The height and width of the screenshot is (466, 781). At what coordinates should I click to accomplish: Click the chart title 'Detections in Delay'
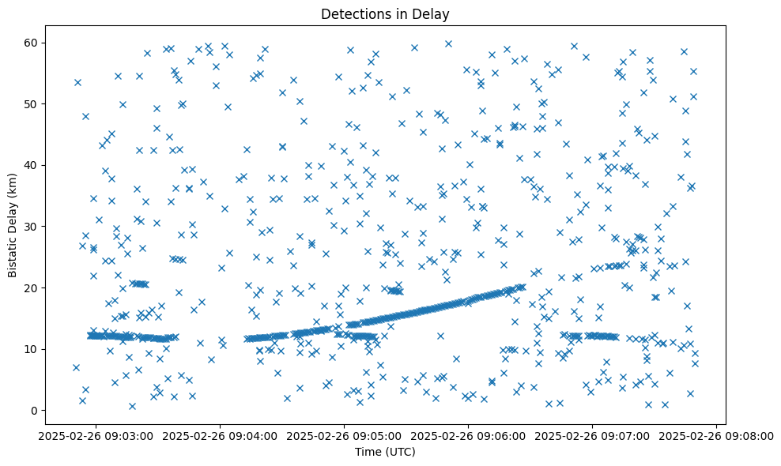click(385, 13)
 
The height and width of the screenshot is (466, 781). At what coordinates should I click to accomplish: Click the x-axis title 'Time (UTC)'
click(385, 452)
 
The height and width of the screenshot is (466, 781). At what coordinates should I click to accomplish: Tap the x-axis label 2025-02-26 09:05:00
click(344, 436)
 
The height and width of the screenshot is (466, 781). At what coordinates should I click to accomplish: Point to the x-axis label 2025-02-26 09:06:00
click(468, 436)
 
